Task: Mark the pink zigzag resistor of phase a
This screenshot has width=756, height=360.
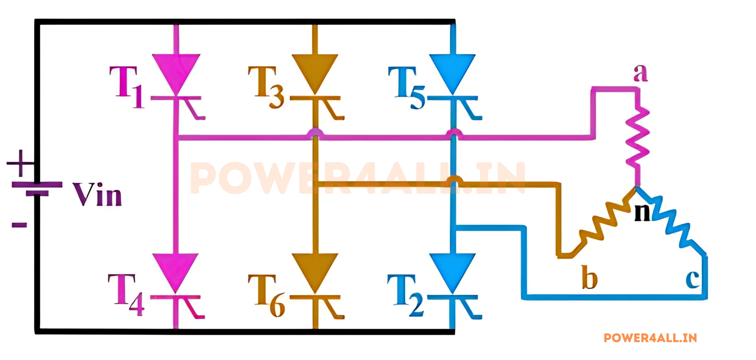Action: tap(637, 138)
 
